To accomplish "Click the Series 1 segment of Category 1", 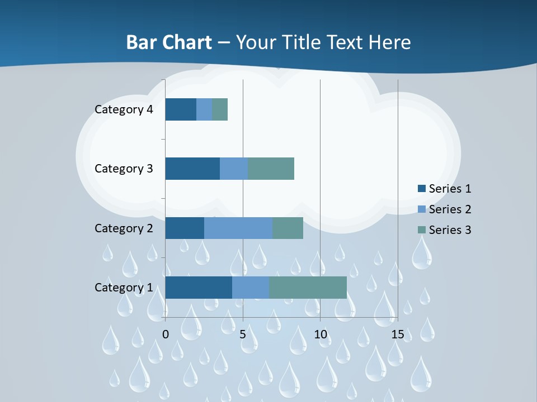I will (x=199, y=287).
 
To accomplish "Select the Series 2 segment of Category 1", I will (x=251, y=287).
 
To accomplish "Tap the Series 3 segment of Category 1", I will (x=308, y=287).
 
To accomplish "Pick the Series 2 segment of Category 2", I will (x=238, y=228).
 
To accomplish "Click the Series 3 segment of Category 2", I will (x=288, y=228).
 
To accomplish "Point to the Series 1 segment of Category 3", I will (x=192, y=169).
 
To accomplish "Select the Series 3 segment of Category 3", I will (x=271, y=169).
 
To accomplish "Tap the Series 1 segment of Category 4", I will (x=181, y=109).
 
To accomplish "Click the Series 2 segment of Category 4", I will (x=204, y=109).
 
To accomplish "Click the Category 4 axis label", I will (x=124, y=109).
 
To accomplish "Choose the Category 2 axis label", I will (x=124, y=228).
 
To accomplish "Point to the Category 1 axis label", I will (x=124, y=287).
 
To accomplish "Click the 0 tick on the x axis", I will (x=166, y=334).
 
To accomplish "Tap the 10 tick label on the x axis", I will (x=320, y=334).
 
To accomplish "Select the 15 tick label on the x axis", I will (x=397, y=334).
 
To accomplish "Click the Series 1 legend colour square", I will (x=422, y=189).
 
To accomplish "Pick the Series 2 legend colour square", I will (x=422, y=209).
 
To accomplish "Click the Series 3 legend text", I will (x=450, y=230).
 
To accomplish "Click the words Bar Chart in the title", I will (x=169, y=42).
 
